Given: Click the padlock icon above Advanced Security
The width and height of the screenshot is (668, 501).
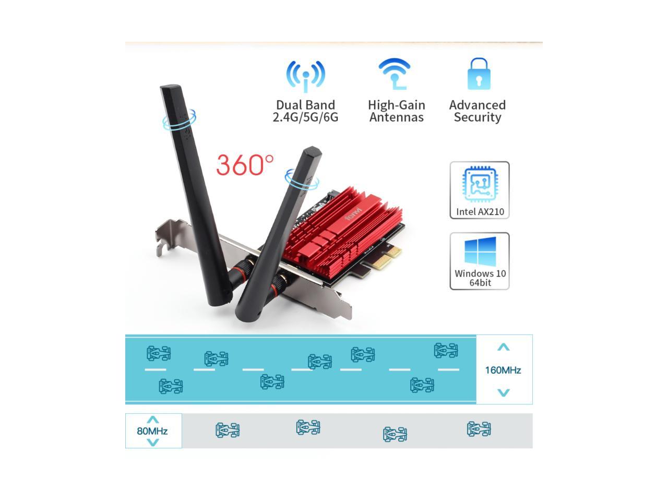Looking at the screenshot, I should pyautogui.click(x=479, y=74).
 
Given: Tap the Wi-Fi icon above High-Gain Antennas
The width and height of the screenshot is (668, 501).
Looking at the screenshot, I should pyautogui.click(x=395, y=74).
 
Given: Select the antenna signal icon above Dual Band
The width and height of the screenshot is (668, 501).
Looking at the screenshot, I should pyautogui.click(x=306, y=76).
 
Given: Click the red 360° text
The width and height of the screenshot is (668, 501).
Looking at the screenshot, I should pyautogui.click(x=244, y=165).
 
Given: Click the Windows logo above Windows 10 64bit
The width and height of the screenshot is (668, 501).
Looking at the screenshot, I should pyautogui.click(x=480, y=252).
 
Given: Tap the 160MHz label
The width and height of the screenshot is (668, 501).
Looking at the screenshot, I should pyautogui.click(x=503, y=370).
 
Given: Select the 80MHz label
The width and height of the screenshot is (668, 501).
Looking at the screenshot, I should pyautogui.click(x=152, y=431).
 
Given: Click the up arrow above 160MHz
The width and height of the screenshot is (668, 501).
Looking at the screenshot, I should pyautogui.click(x=503, y=348).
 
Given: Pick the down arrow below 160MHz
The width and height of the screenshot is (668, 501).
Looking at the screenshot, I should pyautogui.click(x=503, y=392).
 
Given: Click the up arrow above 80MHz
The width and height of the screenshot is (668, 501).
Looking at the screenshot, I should pyautogui.click(x=152, y=420).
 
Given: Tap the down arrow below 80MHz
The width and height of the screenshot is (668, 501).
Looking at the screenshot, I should pyautogui.click(x=152, y=443).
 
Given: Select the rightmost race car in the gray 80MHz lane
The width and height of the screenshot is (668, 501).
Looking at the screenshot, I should pyautogui.click(x=479, y=429).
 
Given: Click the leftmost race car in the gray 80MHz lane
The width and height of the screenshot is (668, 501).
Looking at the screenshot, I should pyautogui.click(x=228, y=431).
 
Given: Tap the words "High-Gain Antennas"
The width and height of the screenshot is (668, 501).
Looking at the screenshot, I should pyautogui.click(x=397, y=111).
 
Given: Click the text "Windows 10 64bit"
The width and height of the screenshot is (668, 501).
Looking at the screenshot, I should pyautogui.click(x=480, y=278).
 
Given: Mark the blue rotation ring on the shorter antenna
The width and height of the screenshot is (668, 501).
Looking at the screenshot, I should pyautogui.click(x=302, y=179).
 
